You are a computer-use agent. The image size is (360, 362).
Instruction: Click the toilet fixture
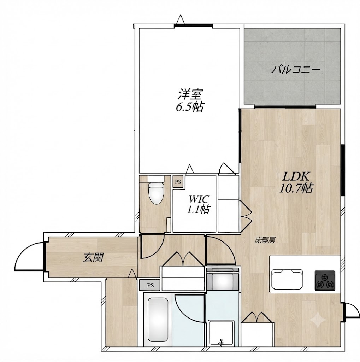tap(156, 190)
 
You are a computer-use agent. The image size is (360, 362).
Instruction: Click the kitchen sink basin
tap(287, 279)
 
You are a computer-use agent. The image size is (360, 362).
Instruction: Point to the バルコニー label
tap(296, 70)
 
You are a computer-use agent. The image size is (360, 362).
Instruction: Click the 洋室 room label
tap(190, 93)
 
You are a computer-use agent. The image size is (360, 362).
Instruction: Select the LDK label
tap(296, 177)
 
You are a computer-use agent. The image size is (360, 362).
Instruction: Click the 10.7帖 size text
tap(296, 188)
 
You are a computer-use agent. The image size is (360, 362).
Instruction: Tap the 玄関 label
tap(93, 257)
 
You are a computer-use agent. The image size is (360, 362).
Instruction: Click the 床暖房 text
tap(265, 240)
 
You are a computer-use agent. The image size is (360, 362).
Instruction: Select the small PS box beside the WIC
tap(178, 182)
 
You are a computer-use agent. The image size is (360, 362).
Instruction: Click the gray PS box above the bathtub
tap(150, 285)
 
